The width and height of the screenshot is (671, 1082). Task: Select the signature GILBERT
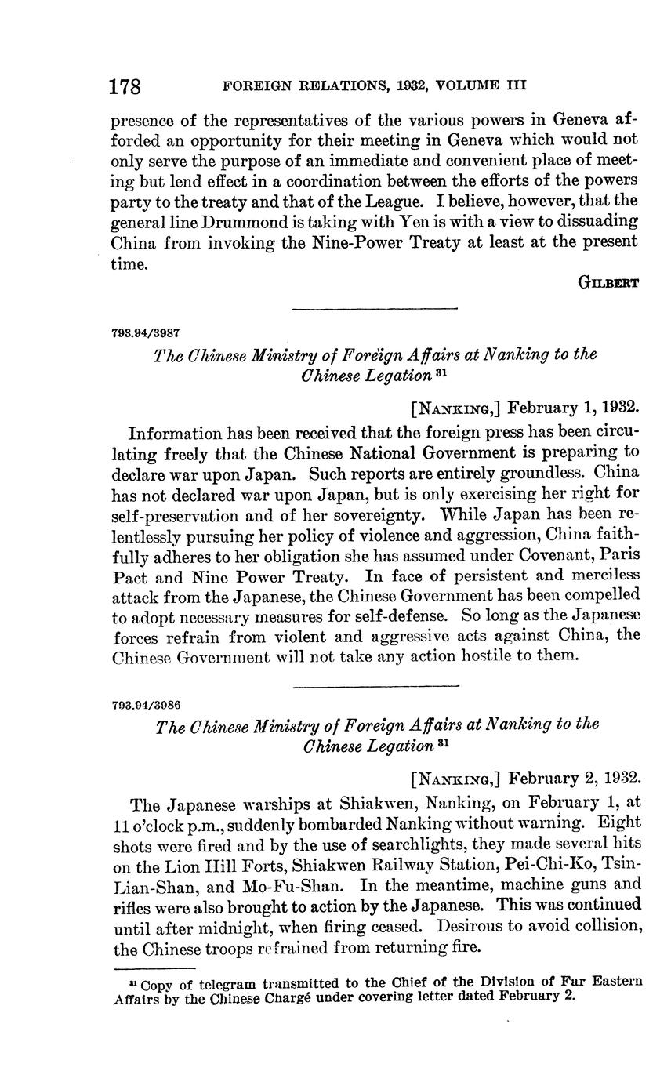[x=609, y=283]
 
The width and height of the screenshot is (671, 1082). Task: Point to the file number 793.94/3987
[x=147, y=332]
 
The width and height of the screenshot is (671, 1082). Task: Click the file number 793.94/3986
[x=147, y=703]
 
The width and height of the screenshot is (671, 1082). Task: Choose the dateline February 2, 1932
[x=575, y=779]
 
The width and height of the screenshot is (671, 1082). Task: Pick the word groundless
[x=542, y=474]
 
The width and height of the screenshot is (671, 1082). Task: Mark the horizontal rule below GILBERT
[x=374, y=309]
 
